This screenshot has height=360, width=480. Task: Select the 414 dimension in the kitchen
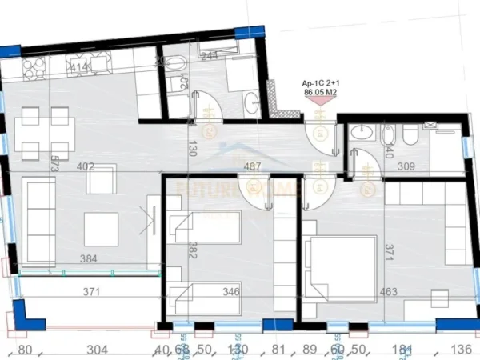pos(79,69)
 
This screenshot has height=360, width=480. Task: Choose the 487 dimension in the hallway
pos(253,167)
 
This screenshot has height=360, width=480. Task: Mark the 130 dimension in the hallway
pos(193,150)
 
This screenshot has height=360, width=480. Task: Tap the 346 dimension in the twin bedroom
pos(230,292)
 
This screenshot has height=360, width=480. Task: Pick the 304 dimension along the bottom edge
pos(95,348)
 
